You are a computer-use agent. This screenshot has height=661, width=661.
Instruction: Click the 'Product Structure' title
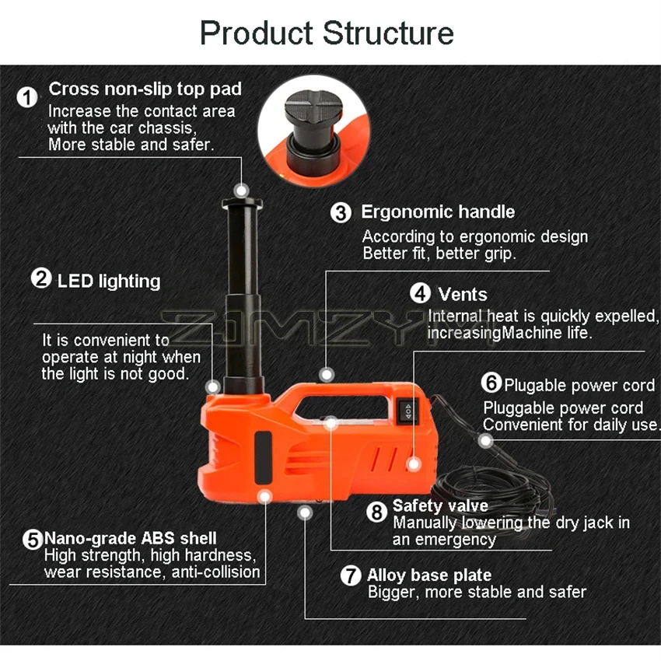coord(327,33)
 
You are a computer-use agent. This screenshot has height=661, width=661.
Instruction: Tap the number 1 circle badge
coord(28,99)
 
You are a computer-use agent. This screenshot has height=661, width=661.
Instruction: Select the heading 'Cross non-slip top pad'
coord(145,89)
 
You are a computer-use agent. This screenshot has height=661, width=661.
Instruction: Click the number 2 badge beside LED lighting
coord(40,279)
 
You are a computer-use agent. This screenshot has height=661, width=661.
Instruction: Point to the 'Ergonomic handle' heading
coord(437,212)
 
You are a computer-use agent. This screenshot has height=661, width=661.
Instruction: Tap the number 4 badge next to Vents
coord(420,294)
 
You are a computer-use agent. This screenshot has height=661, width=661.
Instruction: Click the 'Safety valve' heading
coord(439,506)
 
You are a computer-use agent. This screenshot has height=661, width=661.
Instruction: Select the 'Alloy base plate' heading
coord(428,575)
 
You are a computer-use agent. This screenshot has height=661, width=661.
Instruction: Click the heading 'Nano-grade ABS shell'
coord(131,538)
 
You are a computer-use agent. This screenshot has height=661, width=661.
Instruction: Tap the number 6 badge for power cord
coord(491,384)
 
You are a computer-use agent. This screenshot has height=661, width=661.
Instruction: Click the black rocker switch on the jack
coord(408,411)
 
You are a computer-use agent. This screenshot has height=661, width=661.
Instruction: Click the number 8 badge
coord(376,512)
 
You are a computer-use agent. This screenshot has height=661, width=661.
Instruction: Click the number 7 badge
coord(352,576)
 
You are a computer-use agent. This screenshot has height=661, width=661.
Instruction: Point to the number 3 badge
coord(341,212)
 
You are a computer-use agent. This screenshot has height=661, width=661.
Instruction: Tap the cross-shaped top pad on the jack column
coord(242,204)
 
